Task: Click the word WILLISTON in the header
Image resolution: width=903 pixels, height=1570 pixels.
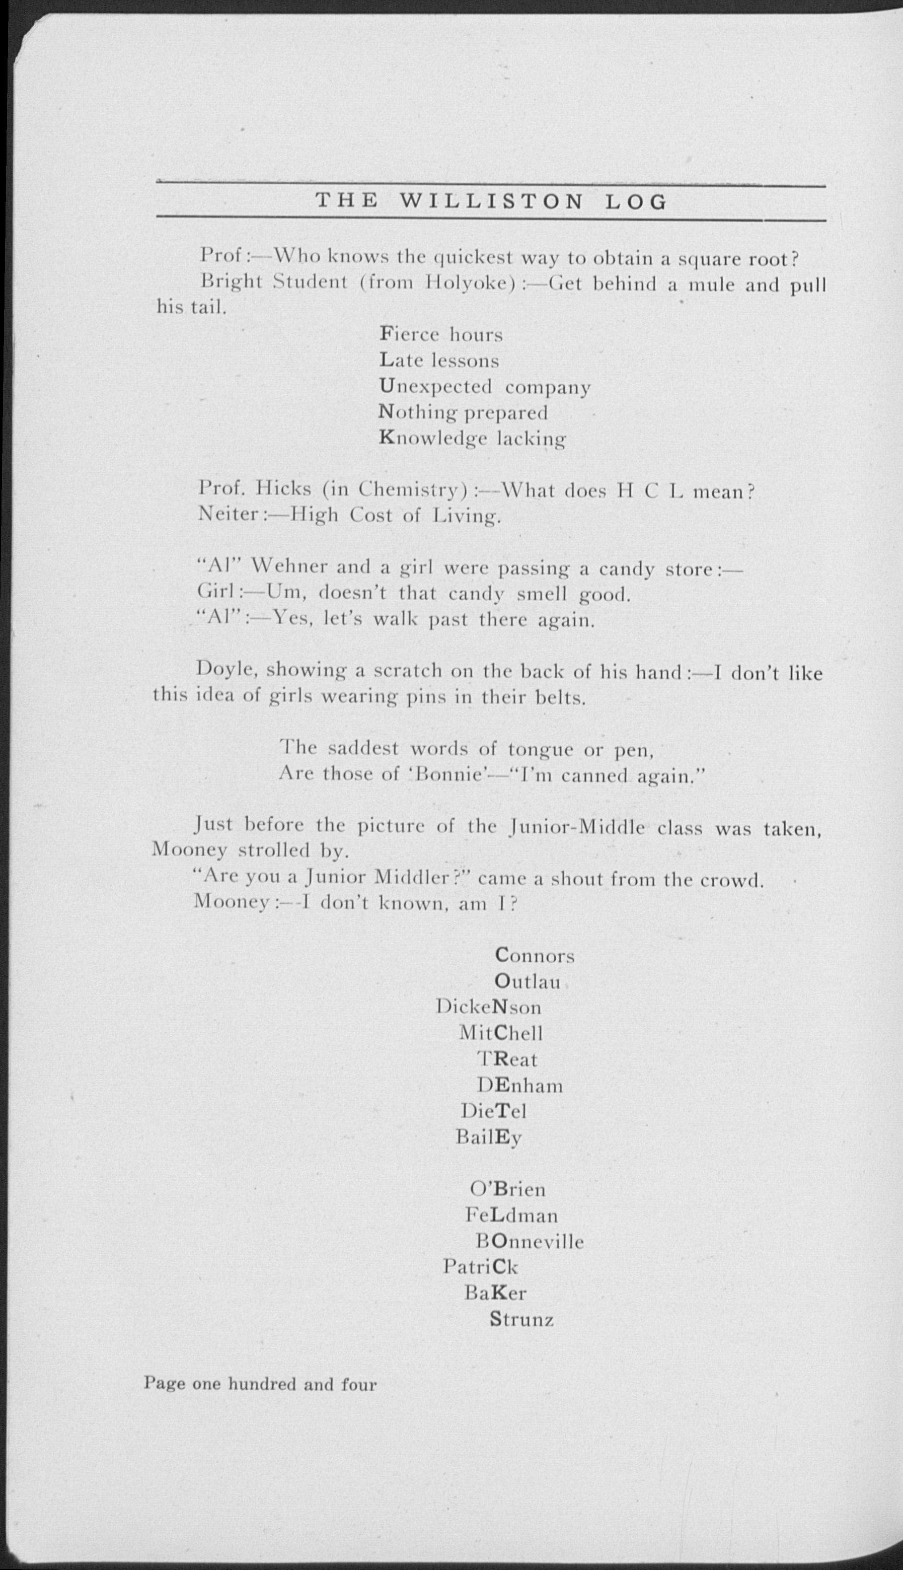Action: [491, 201]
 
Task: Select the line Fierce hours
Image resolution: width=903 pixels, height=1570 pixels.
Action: [441, 335]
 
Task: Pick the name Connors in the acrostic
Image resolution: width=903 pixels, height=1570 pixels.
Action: [535, 956]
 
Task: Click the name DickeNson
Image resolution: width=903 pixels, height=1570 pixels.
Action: [488, 1007]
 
